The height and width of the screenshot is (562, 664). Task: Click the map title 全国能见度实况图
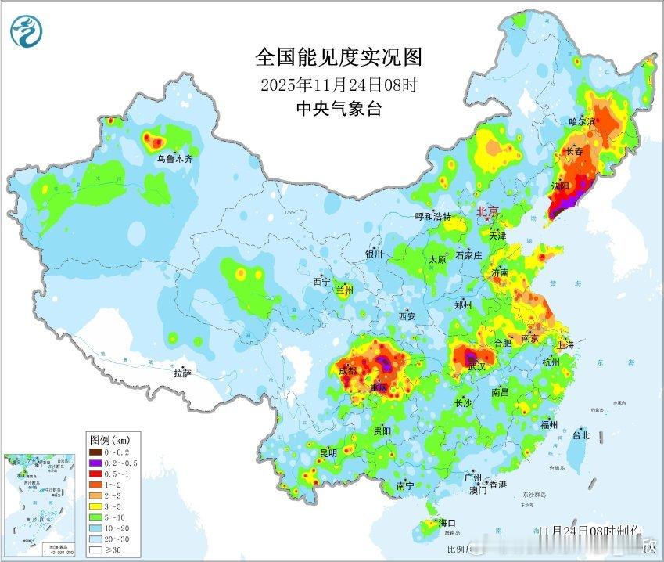[338, 56]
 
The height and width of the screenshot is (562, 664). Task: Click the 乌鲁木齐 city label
[174, 159]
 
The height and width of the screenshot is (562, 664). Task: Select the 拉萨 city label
[182, 373]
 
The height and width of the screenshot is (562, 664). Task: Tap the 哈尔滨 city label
[582, 121]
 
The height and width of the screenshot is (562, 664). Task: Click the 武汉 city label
[476, 366]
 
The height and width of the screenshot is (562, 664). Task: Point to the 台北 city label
[580, 434]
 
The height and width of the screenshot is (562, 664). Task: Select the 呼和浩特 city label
[432, 217]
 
